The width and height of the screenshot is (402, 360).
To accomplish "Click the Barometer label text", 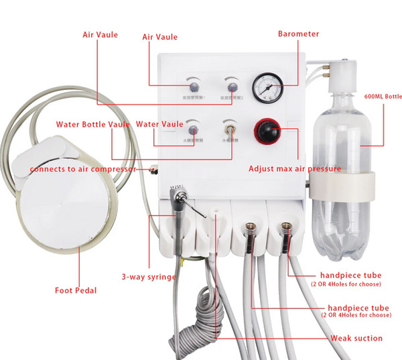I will click(x=299, y=34).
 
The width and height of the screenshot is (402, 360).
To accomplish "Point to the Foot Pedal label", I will click(x=75, y=290).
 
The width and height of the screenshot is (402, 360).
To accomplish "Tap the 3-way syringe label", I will click(x=149, y=276).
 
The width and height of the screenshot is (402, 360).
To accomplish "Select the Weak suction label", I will click(x=356, y=338).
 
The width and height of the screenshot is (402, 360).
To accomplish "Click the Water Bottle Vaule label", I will click(x=93, y=124).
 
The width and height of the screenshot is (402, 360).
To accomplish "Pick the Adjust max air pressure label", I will click(x=295, y=168).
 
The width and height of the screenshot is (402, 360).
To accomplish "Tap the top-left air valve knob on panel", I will click(x=194, y=86).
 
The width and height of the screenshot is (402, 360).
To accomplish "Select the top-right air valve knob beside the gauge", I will click(x=232, y=86).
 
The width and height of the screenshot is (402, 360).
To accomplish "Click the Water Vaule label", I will click(x=159, y=124).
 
